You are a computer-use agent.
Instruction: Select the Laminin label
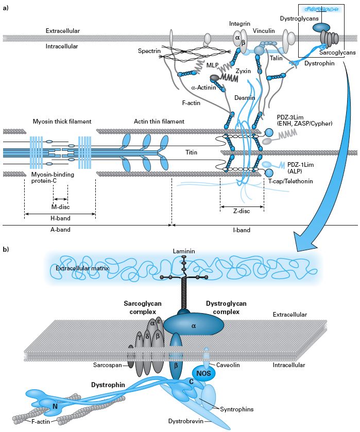pyautogui.click(x=184, y=251)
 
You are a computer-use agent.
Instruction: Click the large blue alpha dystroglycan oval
pyautogui.click(x=194, y=325)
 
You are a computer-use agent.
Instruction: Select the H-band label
pyautogui.click(x=60, y=218)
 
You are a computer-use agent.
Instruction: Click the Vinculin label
pyautogui.click(x=264, y=31)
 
